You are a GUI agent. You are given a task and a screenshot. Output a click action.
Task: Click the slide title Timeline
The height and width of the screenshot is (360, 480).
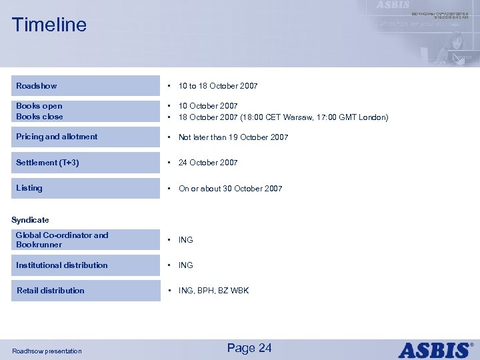click(49, 25)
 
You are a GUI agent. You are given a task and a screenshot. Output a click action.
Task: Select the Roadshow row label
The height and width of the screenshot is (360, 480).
click(37, 86)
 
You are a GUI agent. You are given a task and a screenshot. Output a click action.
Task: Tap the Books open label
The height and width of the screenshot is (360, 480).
click(39, 106)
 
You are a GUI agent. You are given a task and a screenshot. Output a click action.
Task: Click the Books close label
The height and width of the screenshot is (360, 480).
click(39, 117)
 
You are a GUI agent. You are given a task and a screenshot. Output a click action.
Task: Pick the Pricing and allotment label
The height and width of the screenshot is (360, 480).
click(57, 137)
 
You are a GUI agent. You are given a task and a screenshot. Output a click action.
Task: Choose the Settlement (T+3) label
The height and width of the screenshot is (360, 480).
click(47, 163)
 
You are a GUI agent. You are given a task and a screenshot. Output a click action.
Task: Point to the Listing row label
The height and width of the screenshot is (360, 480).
click(29, 188)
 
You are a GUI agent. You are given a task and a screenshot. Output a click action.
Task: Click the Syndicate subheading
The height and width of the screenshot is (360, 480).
click(30, 220)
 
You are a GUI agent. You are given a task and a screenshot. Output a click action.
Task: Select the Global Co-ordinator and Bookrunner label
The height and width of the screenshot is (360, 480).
click(61, 240)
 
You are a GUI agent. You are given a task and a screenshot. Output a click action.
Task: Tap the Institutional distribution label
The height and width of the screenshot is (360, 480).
click(61, 265)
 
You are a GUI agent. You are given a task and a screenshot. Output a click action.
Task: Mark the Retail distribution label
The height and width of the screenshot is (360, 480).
click(50, 291)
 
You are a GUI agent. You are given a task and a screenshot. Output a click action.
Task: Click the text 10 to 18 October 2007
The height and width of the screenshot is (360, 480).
click(218, 86)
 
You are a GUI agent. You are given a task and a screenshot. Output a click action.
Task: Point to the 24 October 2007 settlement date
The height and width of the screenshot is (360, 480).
click(208, 163)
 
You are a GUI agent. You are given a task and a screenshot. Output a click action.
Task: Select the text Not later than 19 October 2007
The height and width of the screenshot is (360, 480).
click(233, 137)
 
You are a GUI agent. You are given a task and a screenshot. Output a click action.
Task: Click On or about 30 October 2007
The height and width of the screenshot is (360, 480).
click(230, 189)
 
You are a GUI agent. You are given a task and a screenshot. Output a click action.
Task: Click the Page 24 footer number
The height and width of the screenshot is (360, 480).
click(249, 348)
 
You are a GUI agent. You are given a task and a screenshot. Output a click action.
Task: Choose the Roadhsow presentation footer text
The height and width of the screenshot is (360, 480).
click(47, 351)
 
